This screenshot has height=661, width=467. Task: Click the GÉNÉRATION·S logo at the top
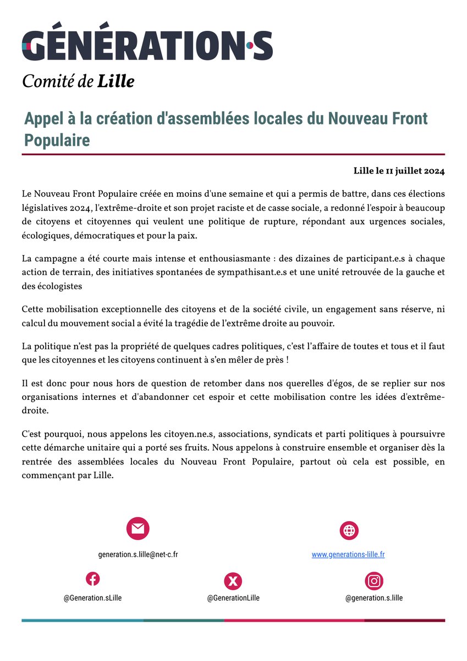[x=147, y=46]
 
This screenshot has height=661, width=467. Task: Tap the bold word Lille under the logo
[x=116, y=82]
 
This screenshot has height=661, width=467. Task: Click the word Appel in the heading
[x=42, y=118]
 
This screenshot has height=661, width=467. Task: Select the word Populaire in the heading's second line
[x=57, y=140]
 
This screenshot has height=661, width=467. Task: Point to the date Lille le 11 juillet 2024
[x=399, y=171]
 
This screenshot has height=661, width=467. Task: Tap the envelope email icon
[x=138, y=529]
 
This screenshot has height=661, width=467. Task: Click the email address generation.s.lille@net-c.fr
[x=138, y=555]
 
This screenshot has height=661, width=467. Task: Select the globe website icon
[x=349, y=530]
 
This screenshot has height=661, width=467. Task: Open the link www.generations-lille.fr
[x=348, y=555]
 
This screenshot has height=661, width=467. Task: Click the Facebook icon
[x=92, y=579]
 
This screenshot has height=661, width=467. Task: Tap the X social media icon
[x=233, y=581]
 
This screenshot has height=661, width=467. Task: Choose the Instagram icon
[x=374, y=581]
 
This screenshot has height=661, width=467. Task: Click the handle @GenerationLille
[x=233, y=598]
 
